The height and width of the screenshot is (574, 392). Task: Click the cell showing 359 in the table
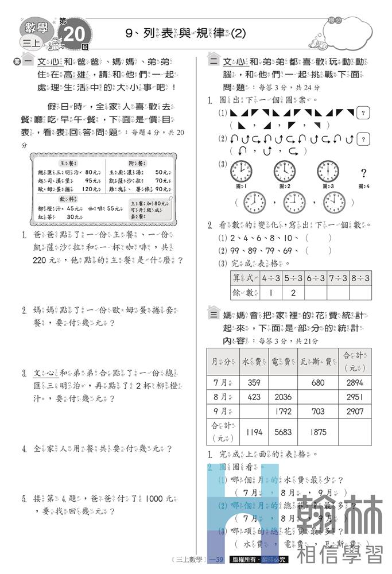(254, 382)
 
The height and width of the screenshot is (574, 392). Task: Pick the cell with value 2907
(355, 411)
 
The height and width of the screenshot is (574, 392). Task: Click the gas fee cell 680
(317, 382)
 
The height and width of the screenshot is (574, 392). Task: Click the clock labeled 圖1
(240, 172)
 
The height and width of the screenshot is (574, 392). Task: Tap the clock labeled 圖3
(328, 172)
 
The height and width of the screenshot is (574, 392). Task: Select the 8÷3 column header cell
(360, 278)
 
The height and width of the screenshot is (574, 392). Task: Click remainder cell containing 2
(293, 292)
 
